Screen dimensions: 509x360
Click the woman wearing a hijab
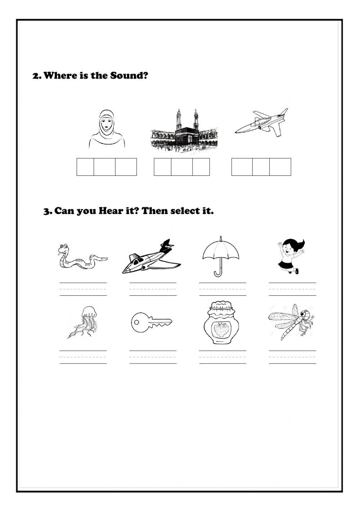pyautogui.click(x=107, y=130)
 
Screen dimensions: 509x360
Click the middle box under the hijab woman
pyautogui.click(x=104, y=167)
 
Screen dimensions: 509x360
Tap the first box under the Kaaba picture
pyautogui.click(x=162, y=167)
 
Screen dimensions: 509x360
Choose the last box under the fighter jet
pyautogui.click(x=280, y=167)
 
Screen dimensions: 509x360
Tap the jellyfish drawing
pyautogui.click(x=82, y=322)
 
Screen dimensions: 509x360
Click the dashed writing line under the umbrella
pyautogui.click(x=222, y=289)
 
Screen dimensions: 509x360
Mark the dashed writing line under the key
pyautogui.click(x=153, y=357)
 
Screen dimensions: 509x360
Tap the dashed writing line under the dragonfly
pyautogui.click(x=292, y=357)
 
